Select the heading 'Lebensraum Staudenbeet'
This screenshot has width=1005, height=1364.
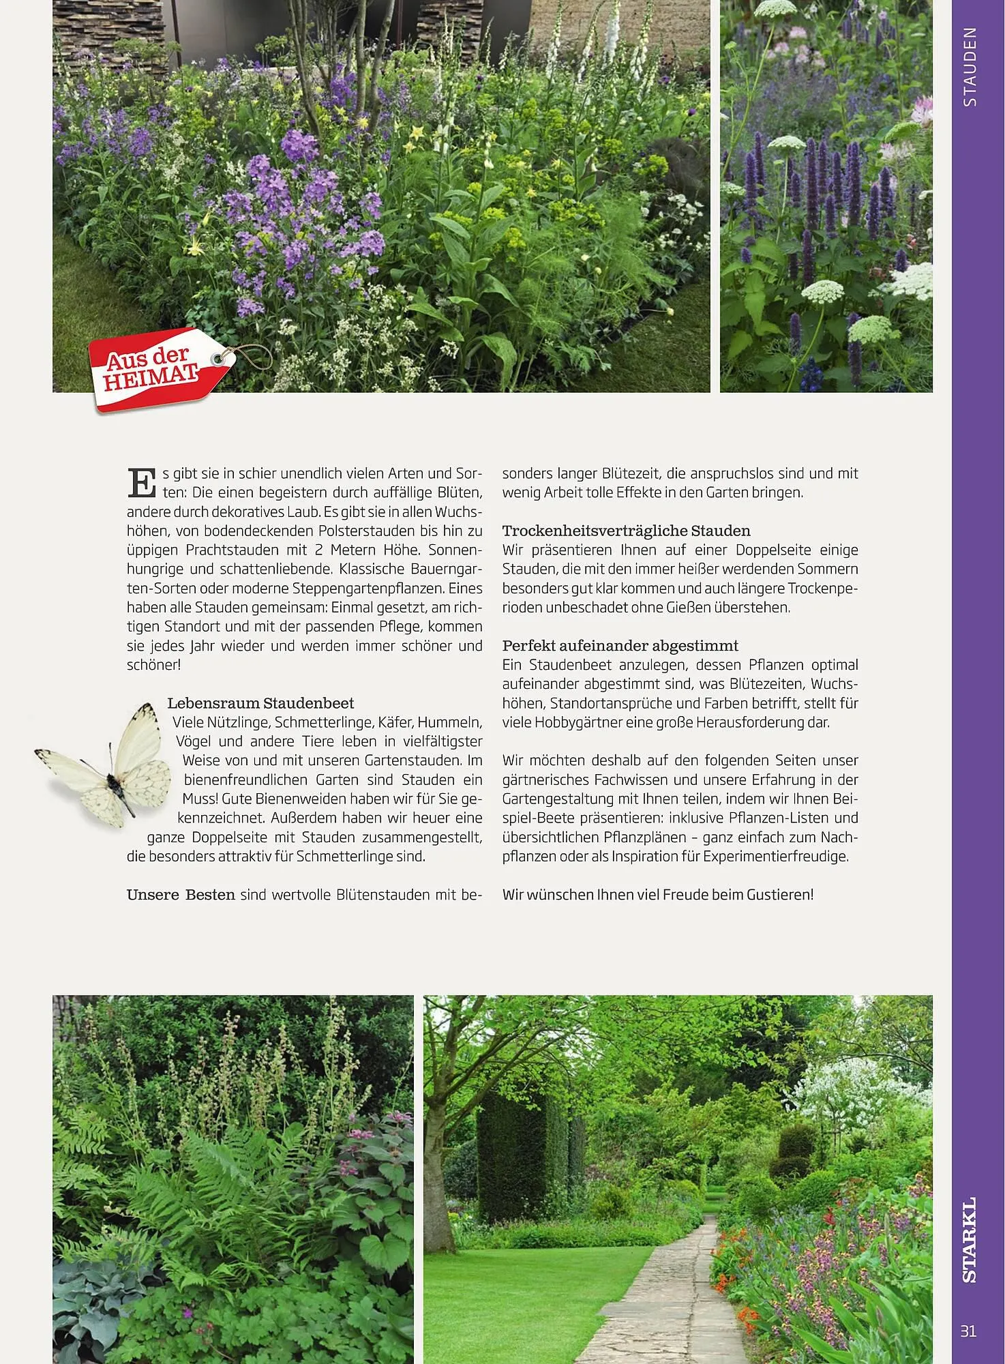pos(260,702)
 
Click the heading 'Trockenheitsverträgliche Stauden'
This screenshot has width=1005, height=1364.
pos(626,531)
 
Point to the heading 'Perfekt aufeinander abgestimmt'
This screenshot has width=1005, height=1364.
pos(620,645)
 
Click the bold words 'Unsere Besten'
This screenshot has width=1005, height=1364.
pos(181,894)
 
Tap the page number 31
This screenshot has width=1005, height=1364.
pos(968,1331)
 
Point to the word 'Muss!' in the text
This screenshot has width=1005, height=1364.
pos(200,799)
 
